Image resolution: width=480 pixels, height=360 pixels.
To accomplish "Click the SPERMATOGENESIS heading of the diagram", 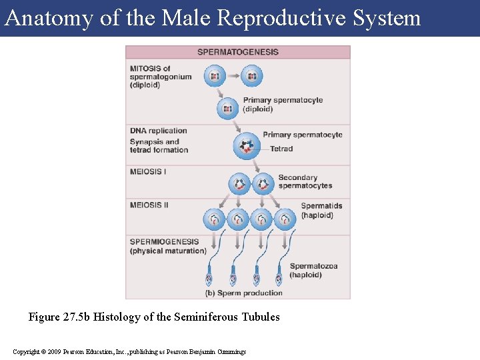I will point(238,52).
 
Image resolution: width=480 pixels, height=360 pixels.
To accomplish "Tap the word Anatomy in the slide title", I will point(48,18).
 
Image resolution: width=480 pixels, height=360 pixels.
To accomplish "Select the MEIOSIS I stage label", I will point(148,171).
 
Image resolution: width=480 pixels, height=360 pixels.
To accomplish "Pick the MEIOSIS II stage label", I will point(149,205).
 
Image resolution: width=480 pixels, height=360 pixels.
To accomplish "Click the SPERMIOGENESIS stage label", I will point(164,241).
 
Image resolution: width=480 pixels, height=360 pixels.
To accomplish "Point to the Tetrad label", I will point(281,149).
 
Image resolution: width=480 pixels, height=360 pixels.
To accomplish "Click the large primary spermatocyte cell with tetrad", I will point(247,146).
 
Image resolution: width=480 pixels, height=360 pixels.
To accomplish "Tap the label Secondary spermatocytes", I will point(305,181).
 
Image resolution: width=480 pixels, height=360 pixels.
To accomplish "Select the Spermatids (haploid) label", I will point(321,211).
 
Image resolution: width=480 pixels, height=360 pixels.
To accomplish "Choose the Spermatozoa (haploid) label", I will point(313,270).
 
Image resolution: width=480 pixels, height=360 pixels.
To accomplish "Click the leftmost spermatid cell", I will point(215,219).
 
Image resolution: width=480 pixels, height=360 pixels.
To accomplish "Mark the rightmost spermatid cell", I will point(285,219).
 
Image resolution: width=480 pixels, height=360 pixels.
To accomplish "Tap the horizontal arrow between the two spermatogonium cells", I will point(233,76).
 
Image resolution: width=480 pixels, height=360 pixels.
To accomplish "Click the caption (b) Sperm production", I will point(245,293).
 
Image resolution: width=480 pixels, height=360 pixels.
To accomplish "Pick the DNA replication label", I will point(158,131).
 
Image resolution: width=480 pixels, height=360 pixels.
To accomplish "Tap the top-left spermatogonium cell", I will point(215,76).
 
